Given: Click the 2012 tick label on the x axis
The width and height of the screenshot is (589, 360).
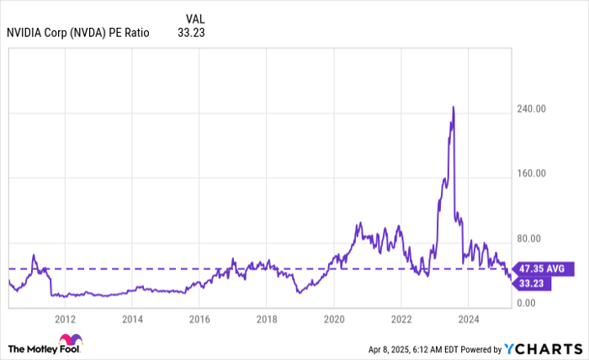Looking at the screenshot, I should pos(65,320).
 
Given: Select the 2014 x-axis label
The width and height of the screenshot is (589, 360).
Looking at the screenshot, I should pos(132,320).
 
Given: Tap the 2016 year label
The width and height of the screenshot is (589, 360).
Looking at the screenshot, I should pos(199,320).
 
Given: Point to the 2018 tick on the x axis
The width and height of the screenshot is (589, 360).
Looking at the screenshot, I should pos(267,320).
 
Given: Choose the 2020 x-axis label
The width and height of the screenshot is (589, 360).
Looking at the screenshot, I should pos(334,320).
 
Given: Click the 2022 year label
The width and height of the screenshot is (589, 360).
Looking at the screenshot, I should pos(401,320).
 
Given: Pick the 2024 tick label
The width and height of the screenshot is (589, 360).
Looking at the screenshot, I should pos(469,320).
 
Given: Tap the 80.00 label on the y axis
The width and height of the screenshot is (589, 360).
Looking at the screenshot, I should pos(533,238).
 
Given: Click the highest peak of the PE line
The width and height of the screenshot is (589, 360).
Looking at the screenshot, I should pos(454,107).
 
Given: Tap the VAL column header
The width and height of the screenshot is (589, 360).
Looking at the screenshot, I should pos(194,18).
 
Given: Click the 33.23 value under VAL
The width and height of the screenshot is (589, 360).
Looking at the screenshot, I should pos(192,33).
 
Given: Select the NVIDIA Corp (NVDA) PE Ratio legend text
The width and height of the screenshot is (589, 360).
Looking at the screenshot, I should pos(77,33).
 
